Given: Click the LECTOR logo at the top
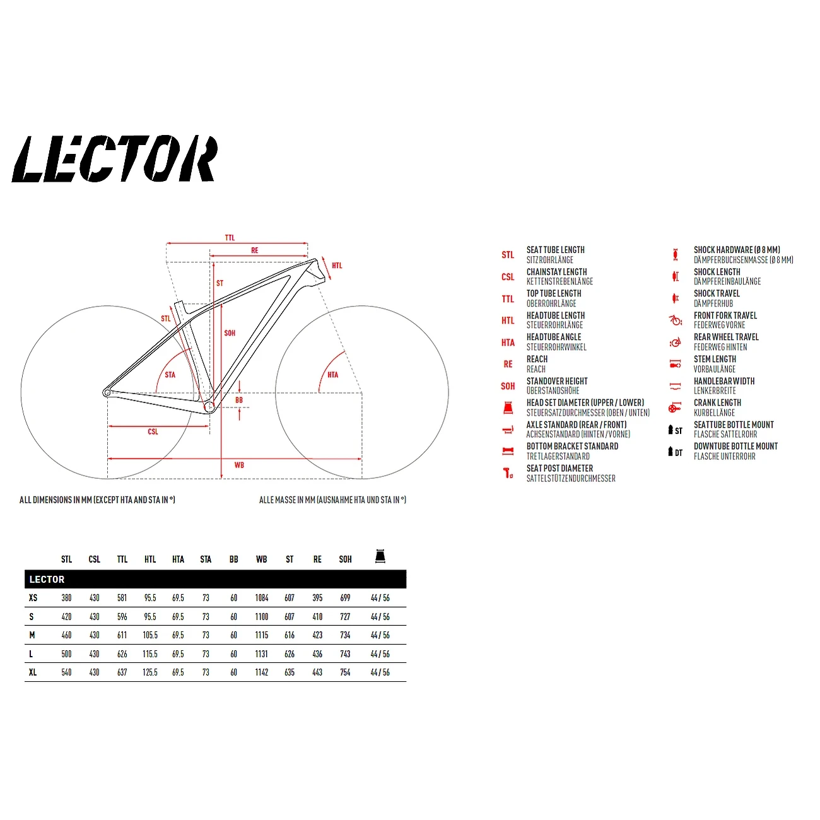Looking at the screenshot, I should point(115,159).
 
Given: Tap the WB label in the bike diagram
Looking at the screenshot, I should point(239,466).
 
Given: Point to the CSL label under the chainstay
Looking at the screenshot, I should point(153,432).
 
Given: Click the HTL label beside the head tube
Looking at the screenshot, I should point(337,266).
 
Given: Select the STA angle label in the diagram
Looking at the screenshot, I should point(170,375).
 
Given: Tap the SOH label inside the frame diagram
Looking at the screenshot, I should point(230,333).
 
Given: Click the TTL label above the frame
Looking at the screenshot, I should point(230,238).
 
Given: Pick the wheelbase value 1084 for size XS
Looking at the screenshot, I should point(262,598).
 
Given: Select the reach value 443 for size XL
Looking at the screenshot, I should point(317,672).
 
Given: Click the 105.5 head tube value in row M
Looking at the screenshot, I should point(150,635).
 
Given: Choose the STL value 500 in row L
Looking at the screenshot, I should point(66,654).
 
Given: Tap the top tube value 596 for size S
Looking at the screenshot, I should point(122,617).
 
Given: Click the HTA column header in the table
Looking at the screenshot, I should point(178,559).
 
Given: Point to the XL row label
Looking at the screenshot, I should point(33,672).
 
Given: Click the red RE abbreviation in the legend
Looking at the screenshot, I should point(508,364).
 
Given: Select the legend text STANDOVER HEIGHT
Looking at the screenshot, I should point(557,381).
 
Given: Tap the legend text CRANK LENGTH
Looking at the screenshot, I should point(717,402).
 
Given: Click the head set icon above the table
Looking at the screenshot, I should point(380,556).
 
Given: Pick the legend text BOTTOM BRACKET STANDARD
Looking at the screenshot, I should point(572,446).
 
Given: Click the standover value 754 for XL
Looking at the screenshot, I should point(345,672).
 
